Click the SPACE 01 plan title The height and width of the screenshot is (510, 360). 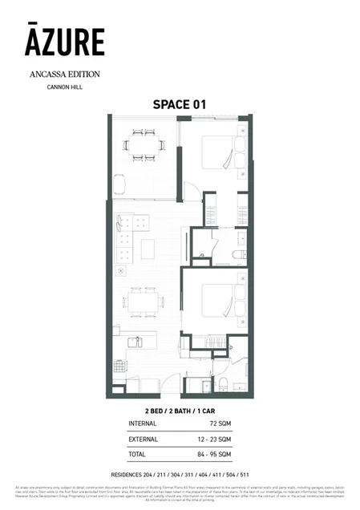[x=180, y=104]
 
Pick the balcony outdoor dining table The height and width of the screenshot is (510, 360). [x=144, y=145]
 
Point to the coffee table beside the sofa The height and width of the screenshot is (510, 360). [x=148, y=249]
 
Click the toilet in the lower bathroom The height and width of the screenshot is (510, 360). [x=226, y=382]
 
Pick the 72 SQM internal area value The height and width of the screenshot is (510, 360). [x=220, y=420]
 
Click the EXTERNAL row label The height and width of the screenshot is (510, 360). [x=144, y=439]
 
